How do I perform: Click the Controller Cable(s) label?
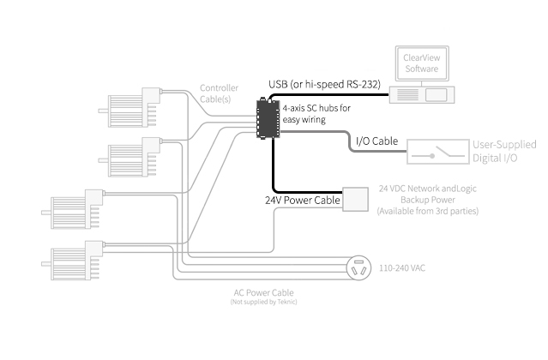[x=220, y=93]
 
